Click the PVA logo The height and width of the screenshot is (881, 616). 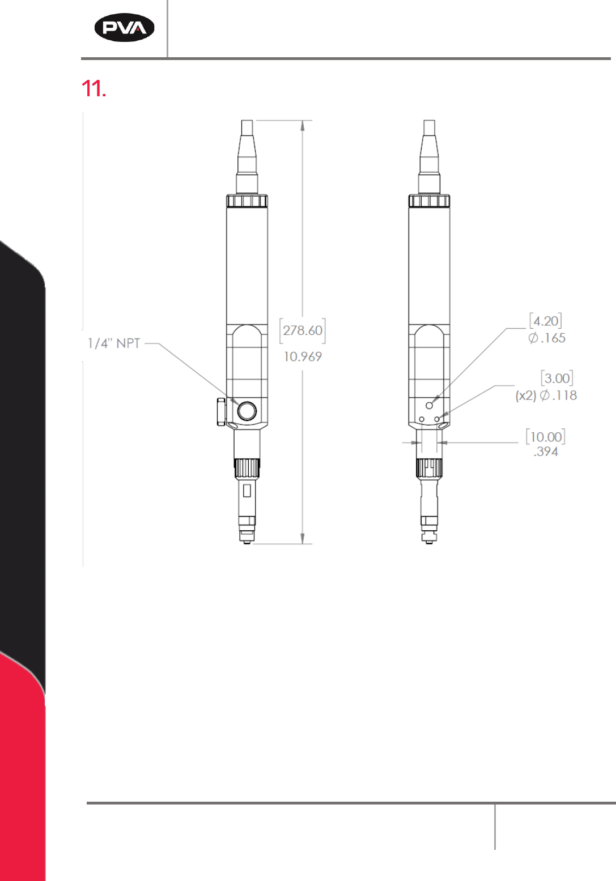124,28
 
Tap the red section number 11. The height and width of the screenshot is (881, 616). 94,88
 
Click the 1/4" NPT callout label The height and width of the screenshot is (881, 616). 114,343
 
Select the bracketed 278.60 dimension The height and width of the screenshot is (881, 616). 303,330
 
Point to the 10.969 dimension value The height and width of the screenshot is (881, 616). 303,357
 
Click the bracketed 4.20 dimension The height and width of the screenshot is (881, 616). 546,321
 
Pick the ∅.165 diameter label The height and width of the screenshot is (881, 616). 547,338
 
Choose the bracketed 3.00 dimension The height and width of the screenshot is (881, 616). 557,378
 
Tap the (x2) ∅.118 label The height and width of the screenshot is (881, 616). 546,395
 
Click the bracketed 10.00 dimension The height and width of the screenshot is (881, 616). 546,437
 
